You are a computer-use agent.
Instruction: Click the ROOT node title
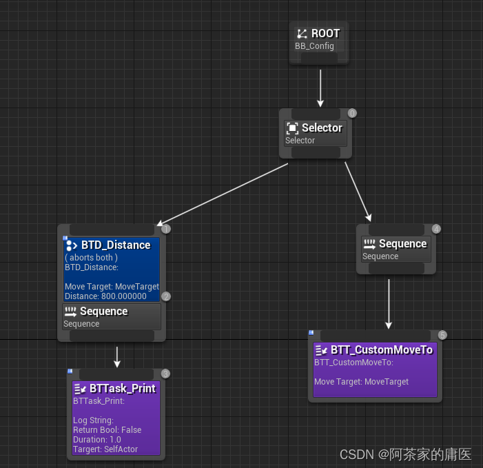(x=325, y=33)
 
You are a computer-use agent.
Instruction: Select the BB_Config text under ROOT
(x=314, y=46)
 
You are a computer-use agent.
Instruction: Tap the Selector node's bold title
(x=322, y=128)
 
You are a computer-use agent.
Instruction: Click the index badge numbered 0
(x=352, y=113)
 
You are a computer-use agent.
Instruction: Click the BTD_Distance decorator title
(x=115, y=245)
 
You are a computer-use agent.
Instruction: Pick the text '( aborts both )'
(x=91, y=257)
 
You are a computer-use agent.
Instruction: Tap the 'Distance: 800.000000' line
(x=105, y=296)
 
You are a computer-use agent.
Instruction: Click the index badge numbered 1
(x=166, y=229)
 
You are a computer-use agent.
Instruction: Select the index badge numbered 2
(x=166, y=296)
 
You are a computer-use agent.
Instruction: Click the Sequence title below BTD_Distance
(x=103, y=312)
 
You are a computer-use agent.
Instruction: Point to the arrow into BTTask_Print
(x=118, y=356)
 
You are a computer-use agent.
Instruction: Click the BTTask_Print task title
(x=122, y=388)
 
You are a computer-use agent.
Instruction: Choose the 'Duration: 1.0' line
(x=96, y=439)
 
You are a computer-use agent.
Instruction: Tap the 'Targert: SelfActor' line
(x=105, y=449)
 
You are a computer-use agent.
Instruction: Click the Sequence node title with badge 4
(x=402, y=243)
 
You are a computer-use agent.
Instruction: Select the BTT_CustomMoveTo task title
(x=381, y=349)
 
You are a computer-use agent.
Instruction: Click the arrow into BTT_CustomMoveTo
(x=389, y=303)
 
